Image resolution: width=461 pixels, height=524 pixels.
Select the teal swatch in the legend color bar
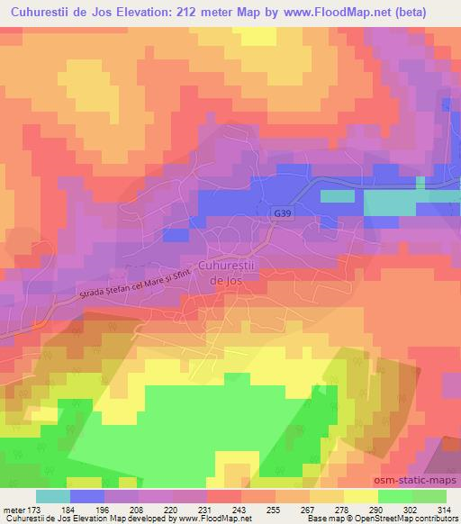[53, 496]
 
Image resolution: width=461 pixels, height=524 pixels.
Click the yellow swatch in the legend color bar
[361, 496]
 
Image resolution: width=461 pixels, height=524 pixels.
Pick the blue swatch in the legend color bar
[87, 496]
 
